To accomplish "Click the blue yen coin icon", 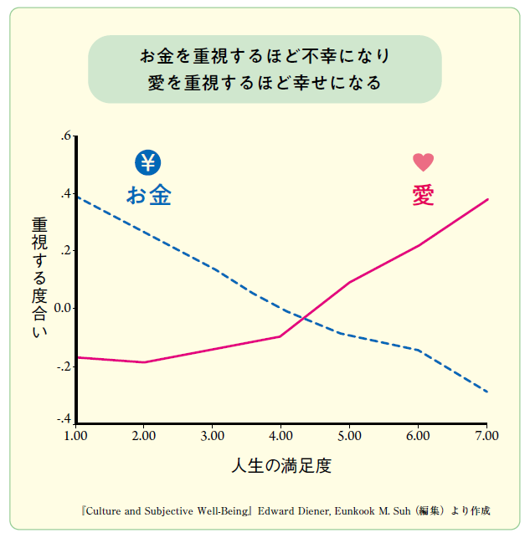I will click(148, 162).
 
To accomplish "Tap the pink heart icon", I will click(423, 162).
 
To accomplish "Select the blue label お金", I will click(149, 196).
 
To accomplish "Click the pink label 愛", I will click(423, 195).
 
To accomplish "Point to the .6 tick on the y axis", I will click(66, 136).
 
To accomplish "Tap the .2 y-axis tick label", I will click(66, 251).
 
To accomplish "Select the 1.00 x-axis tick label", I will click(75, 436).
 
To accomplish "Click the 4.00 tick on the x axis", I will click(280, 436).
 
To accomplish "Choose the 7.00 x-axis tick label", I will click(486, 436).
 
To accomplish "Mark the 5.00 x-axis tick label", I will click(349, 436).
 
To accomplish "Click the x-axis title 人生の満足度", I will click(281, 466).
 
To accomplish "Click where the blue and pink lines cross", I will click(303, 319).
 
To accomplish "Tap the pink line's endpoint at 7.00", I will click(487, 199).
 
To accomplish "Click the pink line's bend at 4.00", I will click(280, 336).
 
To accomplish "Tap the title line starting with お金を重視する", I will click(265, 57).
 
